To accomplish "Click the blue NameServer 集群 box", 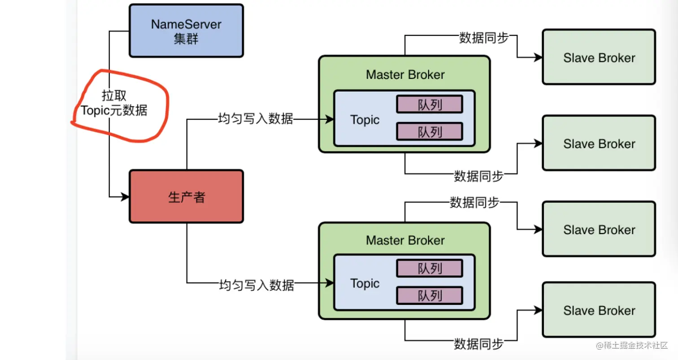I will click(186, 31).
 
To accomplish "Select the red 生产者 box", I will click(186, 197).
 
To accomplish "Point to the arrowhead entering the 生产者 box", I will click(125, 197).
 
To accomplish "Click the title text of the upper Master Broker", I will click(405, 74).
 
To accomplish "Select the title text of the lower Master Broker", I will click(405, 240).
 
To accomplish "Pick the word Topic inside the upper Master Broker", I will click(365, 120).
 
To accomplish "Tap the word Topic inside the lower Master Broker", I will click(365, 283).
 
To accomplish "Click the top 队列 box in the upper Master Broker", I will click(429, 104).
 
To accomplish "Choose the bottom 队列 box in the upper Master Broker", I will click(429, 131).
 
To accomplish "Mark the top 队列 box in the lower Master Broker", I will click(429, 268).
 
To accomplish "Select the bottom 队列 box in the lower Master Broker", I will click(429, 295).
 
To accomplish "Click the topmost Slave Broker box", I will click(599, 57).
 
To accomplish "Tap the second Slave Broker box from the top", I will click(599, 143).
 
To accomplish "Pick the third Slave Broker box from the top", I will click(599, 230).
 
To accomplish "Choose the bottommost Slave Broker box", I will click(599, 310).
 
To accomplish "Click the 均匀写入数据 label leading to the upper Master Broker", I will click(255, 119).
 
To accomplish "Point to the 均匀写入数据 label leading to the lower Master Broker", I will click(256, 285).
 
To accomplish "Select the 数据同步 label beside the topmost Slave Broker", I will click(483, 38).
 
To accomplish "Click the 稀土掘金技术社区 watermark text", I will click(636, 345).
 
